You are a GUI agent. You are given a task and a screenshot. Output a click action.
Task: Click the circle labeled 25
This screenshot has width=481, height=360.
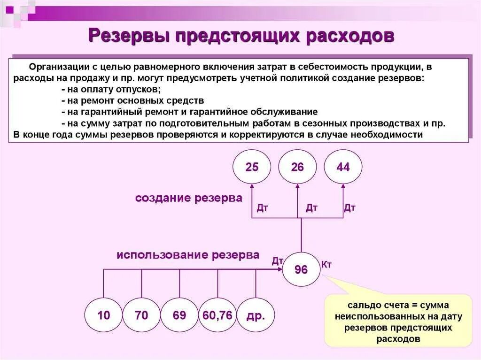pos(252,168)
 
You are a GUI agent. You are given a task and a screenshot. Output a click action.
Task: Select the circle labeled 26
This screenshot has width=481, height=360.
pos(297,168)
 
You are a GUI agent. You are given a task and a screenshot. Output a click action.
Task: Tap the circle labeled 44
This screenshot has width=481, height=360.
pos(343,168)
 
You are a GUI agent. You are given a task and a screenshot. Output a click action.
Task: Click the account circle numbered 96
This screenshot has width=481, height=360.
pos(301,269)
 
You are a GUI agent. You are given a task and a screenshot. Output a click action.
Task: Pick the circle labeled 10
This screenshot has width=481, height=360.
pos(103,315)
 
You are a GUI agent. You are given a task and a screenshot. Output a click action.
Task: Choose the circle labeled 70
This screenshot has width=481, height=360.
pos(141,315)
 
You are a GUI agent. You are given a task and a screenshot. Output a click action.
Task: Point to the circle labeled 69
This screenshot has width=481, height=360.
pos(179,315)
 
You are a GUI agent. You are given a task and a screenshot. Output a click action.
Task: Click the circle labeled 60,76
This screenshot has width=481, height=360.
pos(217,315)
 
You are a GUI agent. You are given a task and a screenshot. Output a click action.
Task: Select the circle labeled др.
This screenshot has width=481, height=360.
pos(255,315)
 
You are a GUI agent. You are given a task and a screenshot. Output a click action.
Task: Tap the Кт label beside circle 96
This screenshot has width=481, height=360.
pos(326,265)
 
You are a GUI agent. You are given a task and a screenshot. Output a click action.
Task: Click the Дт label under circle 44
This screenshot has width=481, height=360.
pos(349,208)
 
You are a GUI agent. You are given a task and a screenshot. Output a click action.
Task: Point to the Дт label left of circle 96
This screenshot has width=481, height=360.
pos(277,261)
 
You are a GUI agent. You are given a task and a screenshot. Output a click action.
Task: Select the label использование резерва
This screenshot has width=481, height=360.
pos(188,255)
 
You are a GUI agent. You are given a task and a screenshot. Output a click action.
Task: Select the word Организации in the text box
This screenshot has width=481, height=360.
pos(57,66)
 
